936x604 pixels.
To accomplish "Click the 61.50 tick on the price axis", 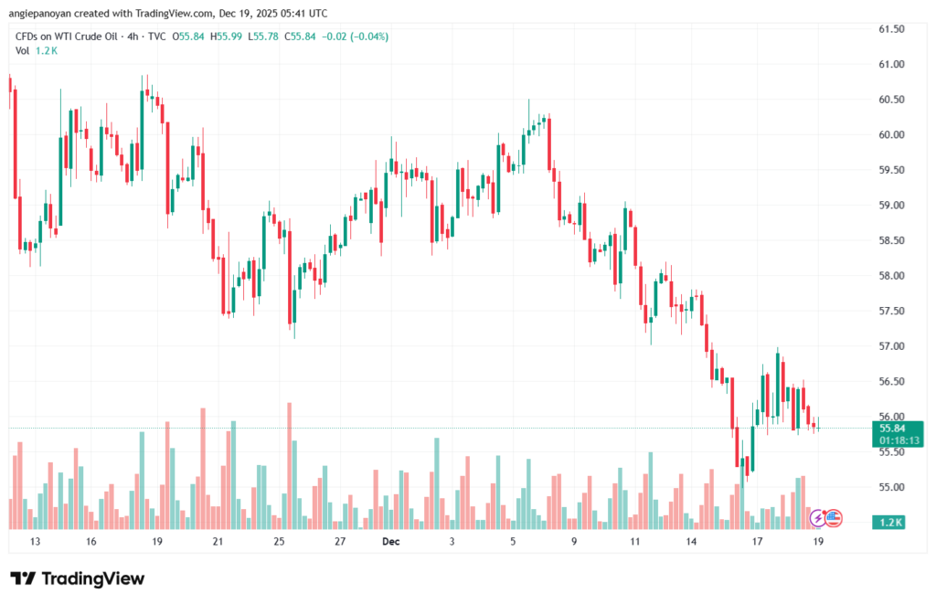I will (890, 29).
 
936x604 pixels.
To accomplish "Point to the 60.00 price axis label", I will (890, 134).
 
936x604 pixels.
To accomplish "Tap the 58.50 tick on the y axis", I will (890, 240).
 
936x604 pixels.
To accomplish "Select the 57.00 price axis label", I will (890, 346).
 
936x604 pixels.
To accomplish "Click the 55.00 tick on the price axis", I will (890, 487).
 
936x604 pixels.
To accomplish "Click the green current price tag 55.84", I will (892, 428).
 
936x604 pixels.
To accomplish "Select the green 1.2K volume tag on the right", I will (891, 521).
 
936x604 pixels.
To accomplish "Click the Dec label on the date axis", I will (391, 541).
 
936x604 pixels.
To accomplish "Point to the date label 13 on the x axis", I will (36, 541).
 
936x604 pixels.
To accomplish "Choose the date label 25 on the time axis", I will (279, 541).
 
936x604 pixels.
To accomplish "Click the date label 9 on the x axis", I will (574, 541).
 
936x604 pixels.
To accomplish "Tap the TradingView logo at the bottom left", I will (77, 578).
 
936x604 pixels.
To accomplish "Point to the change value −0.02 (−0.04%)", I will (353, 37).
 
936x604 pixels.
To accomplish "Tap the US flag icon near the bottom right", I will (833, 518).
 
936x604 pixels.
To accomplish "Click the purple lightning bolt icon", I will (818, 518).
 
